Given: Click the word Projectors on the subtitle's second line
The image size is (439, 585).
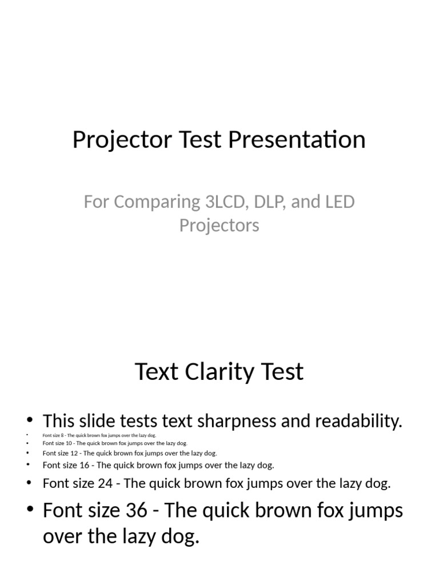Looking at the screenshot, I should click(219, 225).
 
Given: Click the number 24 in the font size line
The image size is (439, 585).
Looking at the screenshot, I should click(105, 483).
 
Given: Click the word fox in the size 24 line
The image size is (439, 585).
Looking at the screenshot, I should click(240, 483).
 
